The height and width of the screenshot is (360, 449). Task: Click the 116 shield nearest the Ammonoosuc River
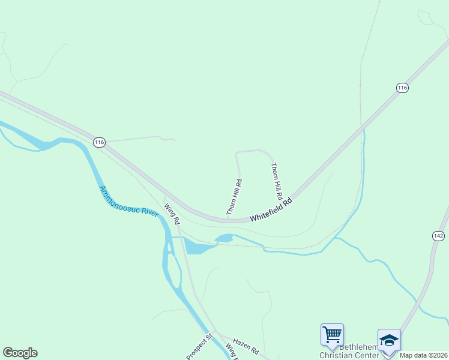click(x=99, y=142)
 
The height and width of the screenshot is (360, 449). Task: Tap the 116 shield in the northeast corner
click(x=402, y=88)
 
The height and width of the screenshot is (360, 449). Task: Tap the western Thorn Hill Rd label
click(x=234, y=197)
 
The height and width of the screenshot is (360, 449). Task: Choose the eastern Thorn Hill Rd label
click(x=277, y=181)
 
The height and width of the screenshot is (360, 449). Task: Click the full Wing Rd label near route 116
click(x=172, y=213)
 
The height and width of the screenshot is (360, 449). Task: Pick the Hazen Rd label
click(x=246, y=349)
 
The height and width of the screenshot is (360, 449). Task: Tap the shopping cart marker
click(x=332, y=334)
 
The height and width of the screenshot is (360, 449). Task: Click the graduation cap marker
click(x=388, y=340)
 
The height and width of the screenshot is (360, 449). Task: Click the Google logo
click(x=20, y=353)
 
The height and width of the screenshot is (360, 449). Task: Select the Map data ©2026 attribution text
click(x=424, y=355)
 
